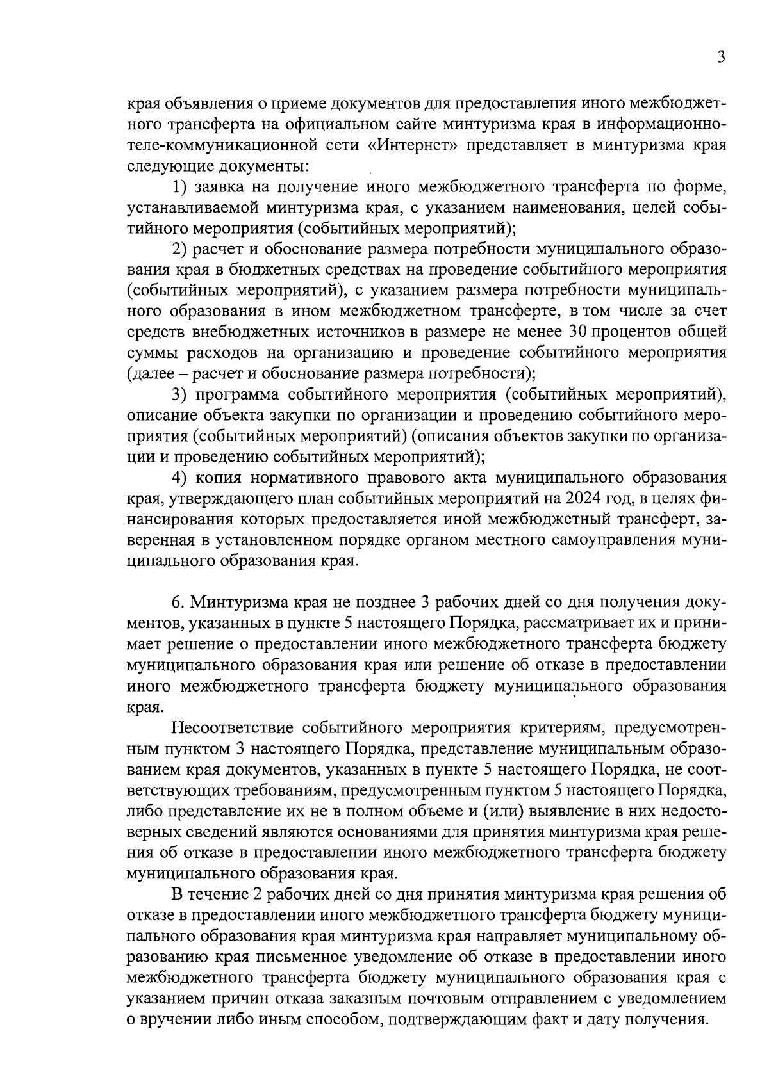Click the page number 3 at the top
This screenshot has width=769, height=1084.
pos(720,58)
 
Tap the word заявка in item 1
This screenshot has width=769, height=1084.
pos(220,187)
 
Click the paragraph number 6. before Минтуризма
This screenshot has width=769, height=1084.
pos(178,603)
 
